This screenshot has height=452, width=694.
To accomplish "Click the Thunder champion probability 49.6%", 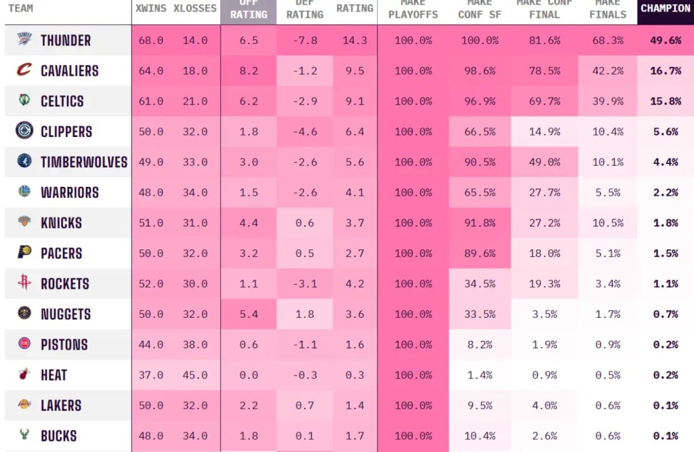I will tap(666, 41).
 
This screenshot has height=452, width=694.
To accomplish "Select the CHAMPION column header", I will tap(666, 9).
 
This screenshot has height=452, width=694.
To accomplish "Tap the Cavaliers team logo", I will tap(24, 70).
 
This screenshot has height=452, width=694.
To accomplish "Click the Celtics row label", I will tap(62, 102).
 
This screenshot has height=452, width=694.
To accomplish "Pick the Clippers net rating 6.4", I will tap(354, 132).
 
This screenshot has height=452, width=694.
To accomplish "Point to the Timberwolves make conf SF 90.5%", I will tap(479, 163).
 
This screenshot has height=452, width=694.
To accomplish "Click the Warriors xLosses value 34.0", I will tap(195, 193).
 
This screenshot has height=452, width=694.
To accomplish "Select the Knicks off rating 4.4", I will tap(249, 223).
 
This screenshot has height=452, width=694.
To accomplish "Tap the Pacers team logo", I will tap(24, 253).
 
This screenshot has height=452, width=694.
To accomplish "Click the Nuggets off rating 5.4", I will tap(249, 314).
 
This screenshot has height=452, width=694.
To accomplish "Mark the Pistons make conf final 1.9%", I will tap(545, 345).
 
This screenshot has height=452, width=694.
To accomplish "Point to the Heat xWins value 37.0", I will tap(150, 375).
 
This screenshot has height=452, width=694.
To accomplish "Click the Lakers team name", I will tap(61, 405).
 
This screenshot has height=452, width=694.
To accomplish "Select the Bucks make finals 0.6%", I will tap(607, 436).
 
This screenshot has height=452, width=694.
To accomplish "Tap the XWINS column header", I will tap(150, 9).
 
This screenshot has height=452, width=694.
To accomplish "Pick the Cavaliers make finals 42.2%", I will tap(607, 71).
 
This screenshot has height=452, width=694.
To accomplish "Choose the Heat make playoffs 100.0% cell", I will tap(413, 375).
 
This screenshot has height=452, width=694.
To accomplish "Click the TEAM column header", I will tap(20, 9).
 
